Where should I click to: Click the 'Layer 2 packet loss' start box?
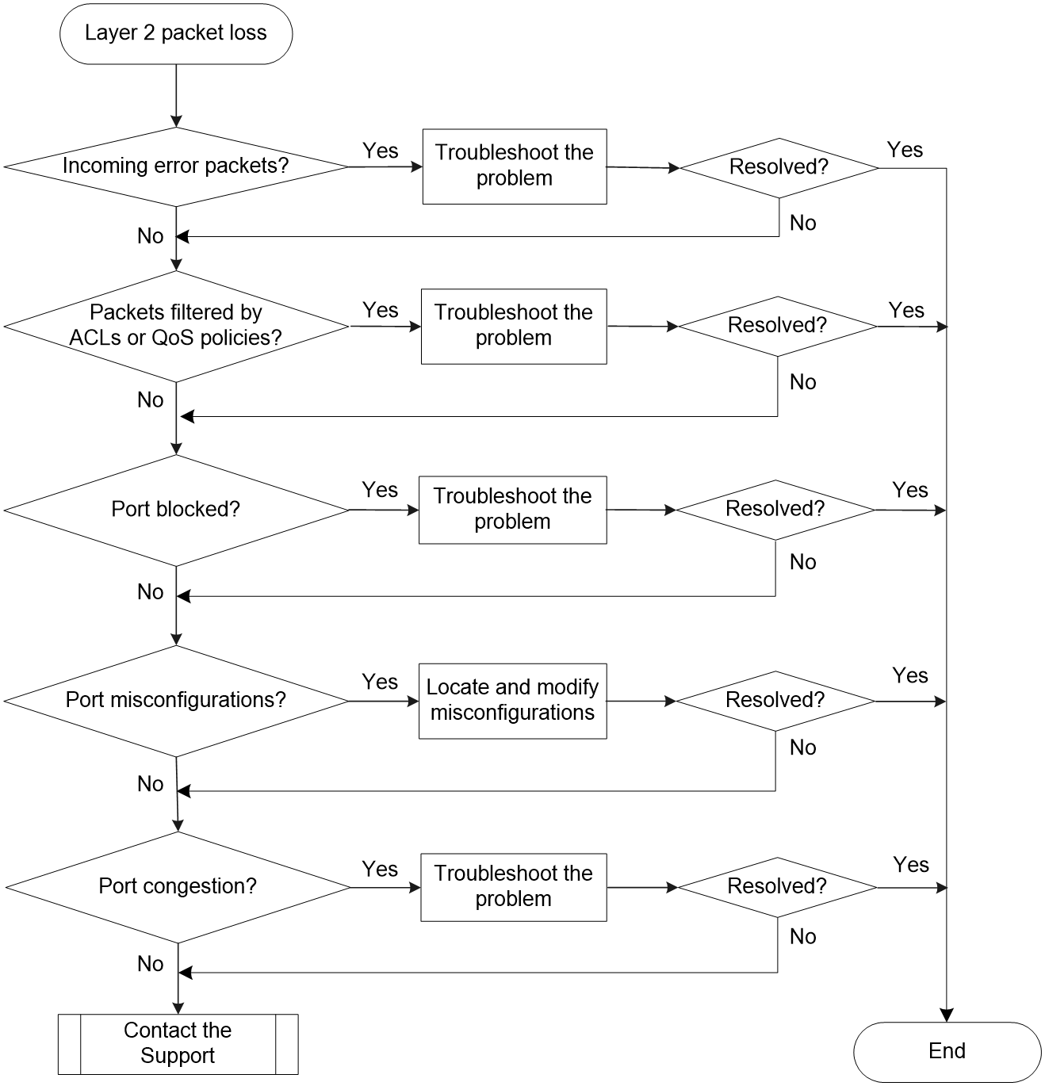[x=176, y=33]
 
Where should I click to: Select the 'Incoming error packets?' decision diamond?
[x=176, y=166]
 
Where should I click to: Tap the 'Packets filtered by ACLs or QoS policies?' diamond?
[x=176, y=327]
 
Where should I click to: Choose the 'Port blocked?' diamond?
[x=176, y=510]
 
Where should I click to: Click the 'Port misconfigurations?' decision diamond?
[x=176, y=701]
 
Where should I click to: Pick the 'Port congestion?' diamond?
[x=178, y=887]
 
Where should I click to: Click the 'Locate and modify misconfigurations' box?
[x=513, y=701]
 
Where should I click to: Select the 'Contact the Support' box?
[x=178, y=1044]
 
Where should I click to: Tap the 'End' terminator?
[x=947, y=1052]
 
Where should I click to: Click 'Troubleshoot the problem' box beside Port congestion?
[x=514, y=887]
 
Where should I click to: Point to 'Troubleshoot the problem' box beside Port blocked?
[x=513, y=510]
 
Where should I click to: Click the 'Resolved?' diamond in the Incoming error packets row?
[x=779, y=168]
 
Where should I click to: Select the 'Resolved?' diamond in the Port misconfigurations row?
[x=775, y=701]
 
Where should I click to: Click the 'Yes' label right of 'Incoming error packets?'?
[x=380, y=151]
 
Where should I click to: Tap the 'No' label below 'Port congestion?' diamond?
[x=150, y=964]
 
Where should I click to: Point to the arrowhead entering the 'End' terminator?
[x=947, y=1015]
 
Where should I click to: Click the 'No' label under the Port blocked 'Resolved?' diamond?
[x=802, y=562]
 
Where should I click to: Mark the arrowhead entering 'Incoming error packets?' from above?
[x=176, y=121]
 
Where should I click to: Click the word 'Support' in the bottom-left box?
[x=178, y=1056]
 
